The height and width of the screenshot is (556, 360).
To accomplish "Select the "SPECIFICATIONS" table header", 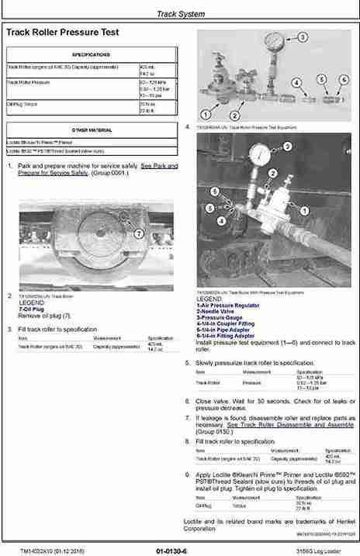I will [91, 55].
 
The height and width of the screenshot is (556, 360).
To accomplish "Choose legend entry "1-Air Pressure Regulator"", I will [224, 306].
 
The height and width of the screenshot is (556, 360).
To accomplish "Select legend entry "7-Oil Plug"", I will [32, 309].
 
